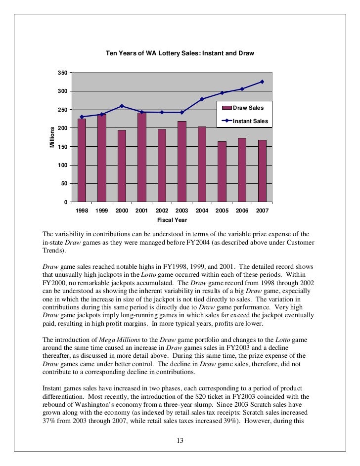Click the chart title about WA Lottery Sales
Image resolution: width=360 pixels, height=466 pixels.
(180, 53)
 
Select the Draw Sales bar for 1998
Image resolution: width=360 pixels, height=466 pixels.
(82, 160)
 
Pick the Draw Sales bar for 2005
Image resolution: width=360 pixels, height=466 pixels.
(222, 171)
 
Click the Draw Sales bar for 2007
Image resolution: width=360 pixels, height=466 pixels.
(262, 170)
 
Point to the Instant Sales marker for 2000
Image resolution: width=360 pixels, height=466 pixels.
(122, 106)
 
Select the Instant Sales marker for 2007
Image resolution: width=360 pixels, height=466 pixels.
(262, 82)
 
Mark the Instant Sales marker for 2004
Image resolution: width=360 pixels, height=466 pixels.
(202, 99)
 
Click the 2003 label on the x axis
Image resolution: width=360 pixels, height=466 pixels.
(181, 211)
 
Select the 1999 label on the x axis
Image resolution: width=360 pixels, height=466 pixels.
(101, 211)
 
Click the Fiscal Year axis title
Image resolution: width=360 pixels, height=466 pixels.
(172, 219)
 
